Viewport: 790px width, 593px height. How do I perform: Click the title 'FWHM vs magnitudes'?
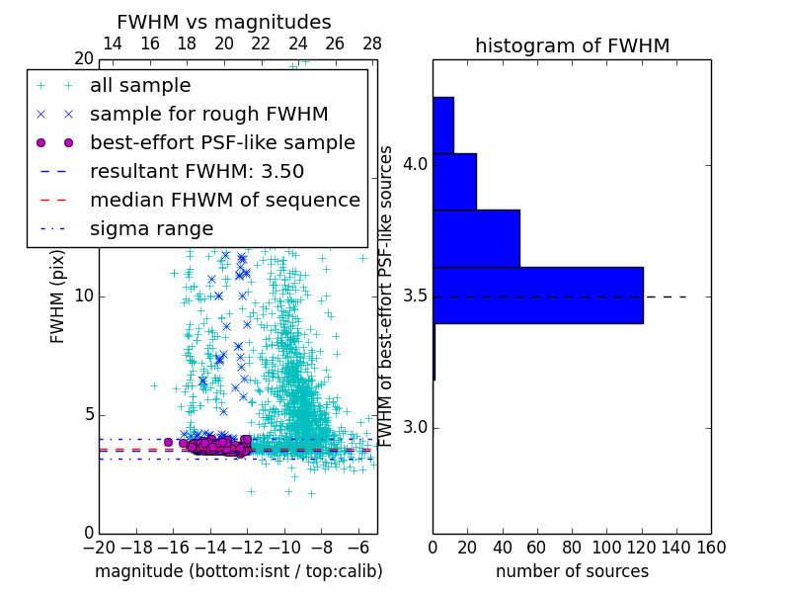click(x=224, y=22)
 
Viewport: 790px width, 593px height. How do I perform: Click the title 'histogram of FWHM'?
click(x=572, y=45)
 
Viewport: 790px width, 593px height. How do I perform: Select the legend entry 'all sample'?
click(x=140, y=86)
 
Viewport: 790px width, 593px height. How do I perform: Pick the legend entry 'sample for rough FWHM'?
click(x=208, y=114)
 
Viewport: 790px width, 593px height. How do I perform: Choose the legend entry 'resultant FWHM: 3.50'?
click(x=197, y=171)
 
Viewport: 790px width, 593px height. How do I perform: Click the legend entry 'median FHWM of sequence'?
click(x=224, y=200)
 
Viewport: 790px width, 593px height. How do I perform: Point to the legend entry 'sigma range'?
click(x=151, y=228)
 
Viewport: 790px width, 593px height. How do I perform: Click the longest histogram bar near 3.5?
click(x=538, y=295)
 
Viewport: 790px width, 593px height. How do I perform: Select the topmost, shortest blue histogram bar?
click(x=443, y=125)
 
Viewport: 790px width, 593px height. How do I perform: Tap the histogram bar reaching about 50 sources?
click(x=476, y=238)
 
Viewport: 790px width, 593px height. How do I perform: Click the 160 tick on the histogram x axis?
click(x=711, y=547)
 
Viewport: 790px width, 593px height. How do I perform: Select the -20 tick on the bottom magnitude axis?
click(x=99, y=547)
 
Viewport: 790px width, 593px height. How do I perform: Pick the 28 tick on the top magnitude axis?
click(x=372, y=43)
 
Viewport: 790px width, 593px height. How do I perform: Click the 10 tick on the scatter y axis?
click(x=85, y=296)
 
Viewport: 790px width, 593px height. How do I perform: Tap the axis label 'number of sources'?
click(x=572, y=571)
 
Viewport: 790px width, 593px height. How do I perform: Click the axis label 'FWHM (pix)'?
click(x=58, y=295)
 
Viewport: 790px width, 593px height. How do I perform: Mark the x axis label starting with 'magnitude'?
click(x=238, y=571)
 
